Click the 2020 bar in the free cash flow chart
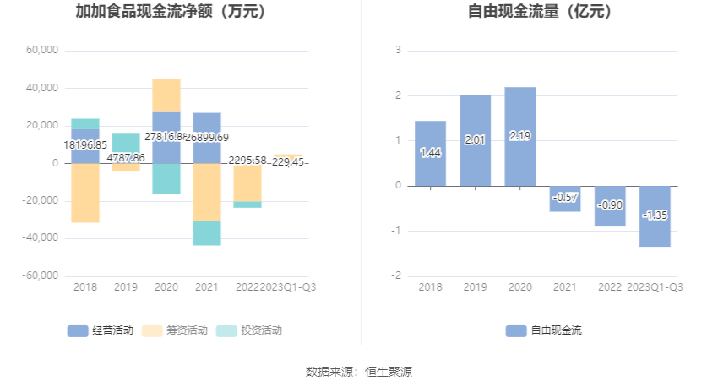click(x=519, y=136)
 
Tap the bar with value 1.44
click(x=430, y=153)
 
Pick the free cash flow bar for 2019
click(x=475, y=140)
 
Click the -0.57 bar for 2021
click(x=564, y=199)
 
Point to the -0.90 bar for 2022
click(x=609, y=206)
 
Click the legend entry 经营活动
click(x=101, y=330)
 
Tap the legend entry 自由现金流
click(x=544, y=330)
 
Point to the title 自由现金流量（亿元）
click(x=541, y=12)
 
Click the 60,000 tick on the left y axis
click(x=42, y=51)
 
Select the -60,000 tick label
click(x=41, y=275)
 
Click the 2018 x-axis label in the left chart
click(x=85, y=287)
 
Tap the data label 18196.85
click(x=85, y=145)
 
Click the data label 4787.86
click(x=126, y=157)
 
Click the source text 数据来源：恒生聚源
click(x=359, y=372)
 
